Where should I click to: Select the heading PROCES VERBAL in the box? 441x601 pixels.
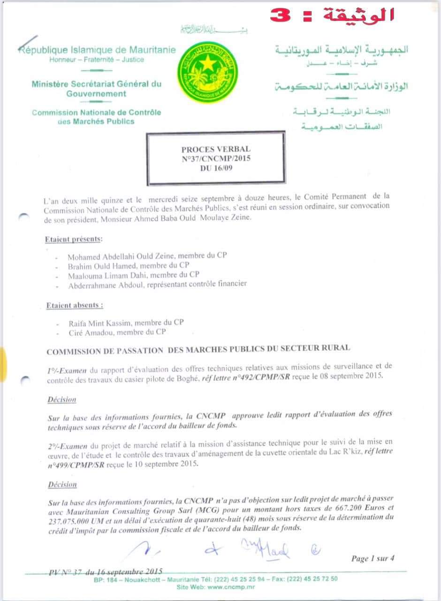(216, 149)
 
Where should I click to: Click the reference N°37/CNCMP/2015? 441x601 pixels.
(216, 159)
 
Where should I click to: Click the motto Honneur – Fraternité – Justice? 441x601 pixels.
(97, 60)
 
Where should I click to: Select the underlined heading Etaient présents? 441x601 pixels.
(73, 239)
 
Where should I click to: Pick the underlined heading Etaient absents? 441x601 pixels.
(75, 305)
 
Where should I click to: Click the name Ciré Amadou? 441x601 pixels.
(91, 332)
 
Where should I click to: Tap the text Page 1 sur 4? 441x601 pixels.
(373, 558)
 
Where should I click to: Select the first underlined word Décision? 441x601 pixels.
(61, 400)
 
